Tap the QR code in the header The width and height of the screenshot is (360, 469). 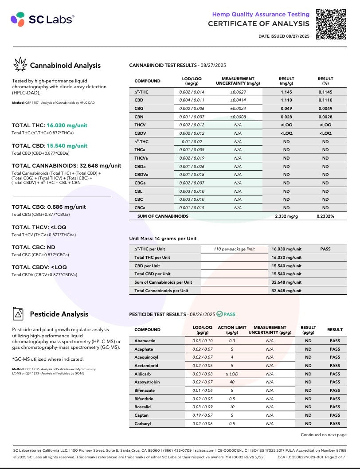(331, 24)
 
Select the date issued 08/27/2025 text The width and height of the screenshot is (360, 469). (284, 36)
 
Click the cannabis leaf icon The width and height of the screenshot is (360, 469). (20, 65)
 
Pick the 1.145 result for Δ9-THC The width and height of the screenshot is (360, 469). (286, 92)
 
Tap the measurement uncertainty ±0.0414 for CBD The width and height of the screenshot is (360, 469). (238, 100)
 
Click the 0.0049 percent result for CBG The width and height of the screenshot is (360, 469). (325, 109)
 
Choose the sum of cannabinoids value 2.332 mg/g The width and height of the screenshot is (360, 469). (286, 216)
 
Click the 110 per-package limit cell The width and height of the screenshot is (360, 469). (234, 249)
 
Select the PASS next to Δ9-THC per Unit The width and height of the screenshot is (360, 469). (325, 249)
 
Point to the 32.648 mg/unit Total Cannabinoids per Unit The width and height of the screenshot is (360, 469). (286, 291)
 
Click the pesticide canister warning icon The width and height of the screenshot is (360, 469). (18, 314)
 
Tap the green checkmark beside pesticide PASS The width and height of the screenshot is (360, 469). (219, 314)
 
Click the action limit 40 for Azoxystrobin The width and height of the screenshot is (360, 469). (232, 382)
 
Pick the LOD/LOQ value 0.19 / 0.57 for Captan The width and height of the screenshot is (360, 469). (196, 415)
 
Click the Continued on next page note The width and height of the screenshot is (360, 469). (324, 435)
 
